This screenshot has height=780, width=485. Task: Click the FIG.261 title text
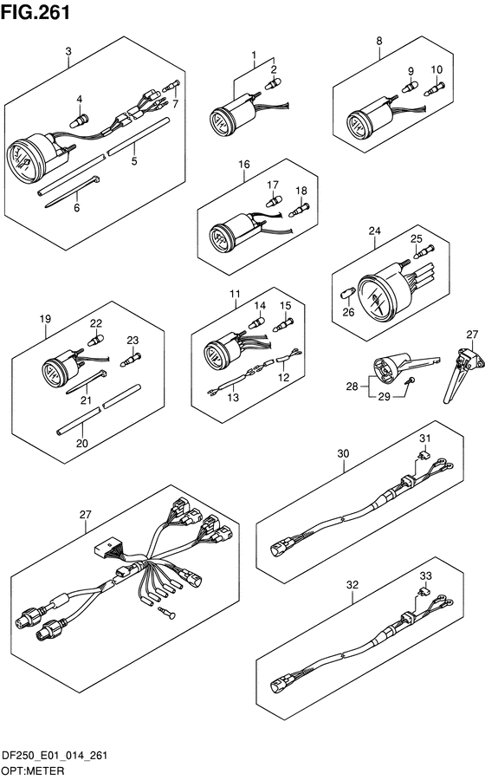[36, 12]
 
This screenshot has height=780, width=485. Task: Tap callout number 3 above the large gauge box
[68, 51]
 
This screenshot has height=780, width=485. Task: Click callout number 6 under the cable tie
[76, 207]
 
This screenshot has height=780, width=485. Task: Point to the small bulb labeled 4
[80, 120]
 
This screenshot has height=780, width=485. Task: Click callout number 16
[244, 164]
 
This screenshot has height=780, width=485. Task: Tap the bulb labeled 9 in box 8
[410, 88]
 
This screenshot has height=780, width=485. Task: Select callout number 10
[436, 69]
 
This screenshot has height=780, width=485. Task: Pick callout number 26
[348, 312]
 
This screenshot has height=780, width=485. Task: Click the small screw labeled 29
[410, 380]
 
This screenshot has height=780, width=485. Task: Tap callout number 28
[352, 386]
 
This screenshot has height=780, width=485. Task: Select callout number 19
[45, 318]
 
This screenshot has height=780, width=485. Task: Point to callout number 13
[233, 397]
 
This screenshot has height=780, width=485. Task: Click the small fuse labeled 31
[423, 455]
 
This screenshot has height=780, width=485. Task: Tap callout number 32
[352, 585]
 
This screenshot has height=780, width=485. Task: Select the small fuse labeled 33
[423, 592]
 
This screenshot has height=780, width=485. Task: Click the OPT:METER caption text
[33, 770]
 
